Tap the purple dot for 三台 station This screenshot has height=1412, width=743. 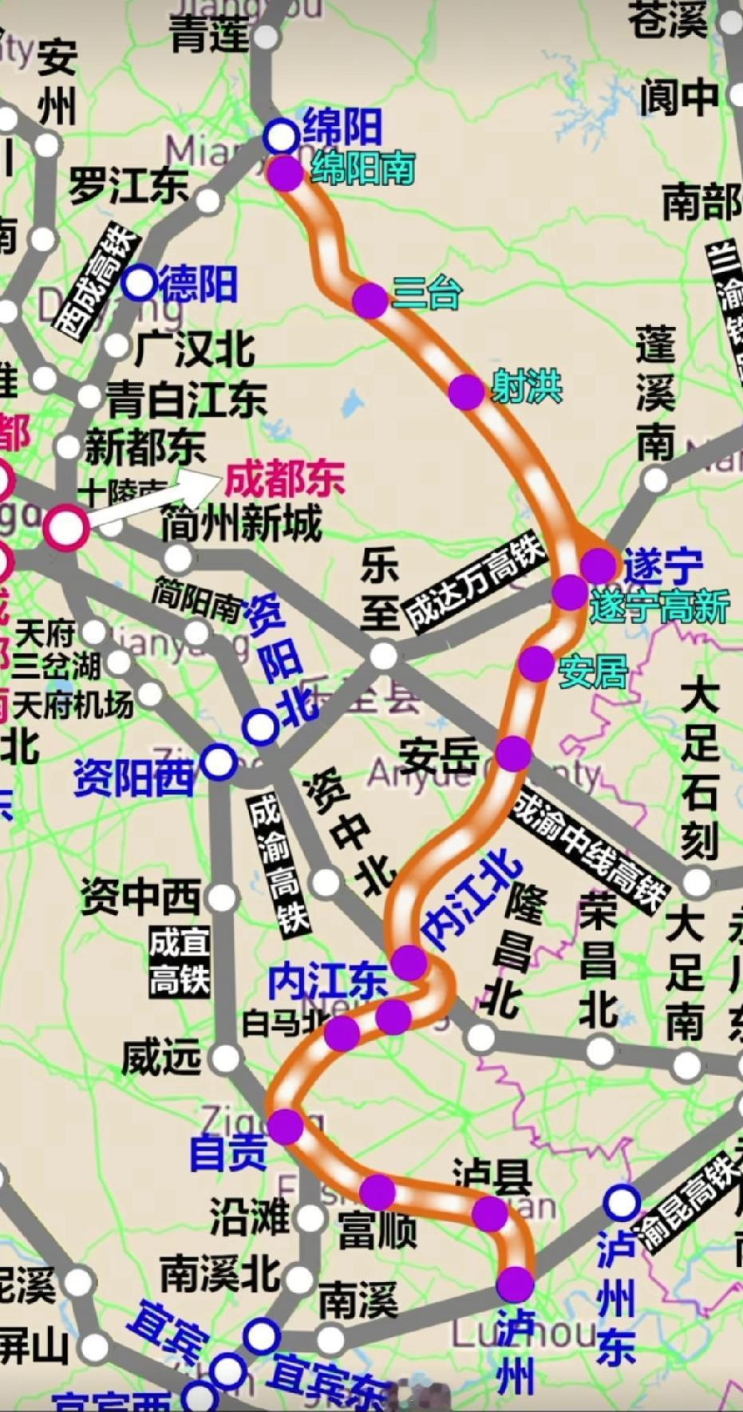(x=370, y=300)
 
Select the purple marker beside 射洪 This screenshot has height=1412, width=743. (x=466, y=392)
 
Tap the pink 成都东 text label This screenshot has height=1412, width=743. (x=284, y=479)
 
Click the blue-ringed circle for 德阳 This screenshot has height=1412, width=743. (x=140, y=282)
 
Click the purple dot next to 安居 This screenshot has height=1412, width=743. (x=536, y=664)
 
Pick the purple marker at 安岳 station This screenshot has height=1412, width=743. (x=513, y=753)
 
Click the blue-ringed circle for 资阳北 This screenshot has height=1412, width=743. (x=261, y=726)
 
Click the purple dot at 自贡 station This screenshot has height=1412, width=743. (x=285, y=1126)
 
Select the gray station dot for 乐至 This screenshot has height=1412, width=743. (x=384, y=656)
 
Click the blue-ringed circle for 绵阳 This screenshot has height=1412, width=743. (x=281, y=136)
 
